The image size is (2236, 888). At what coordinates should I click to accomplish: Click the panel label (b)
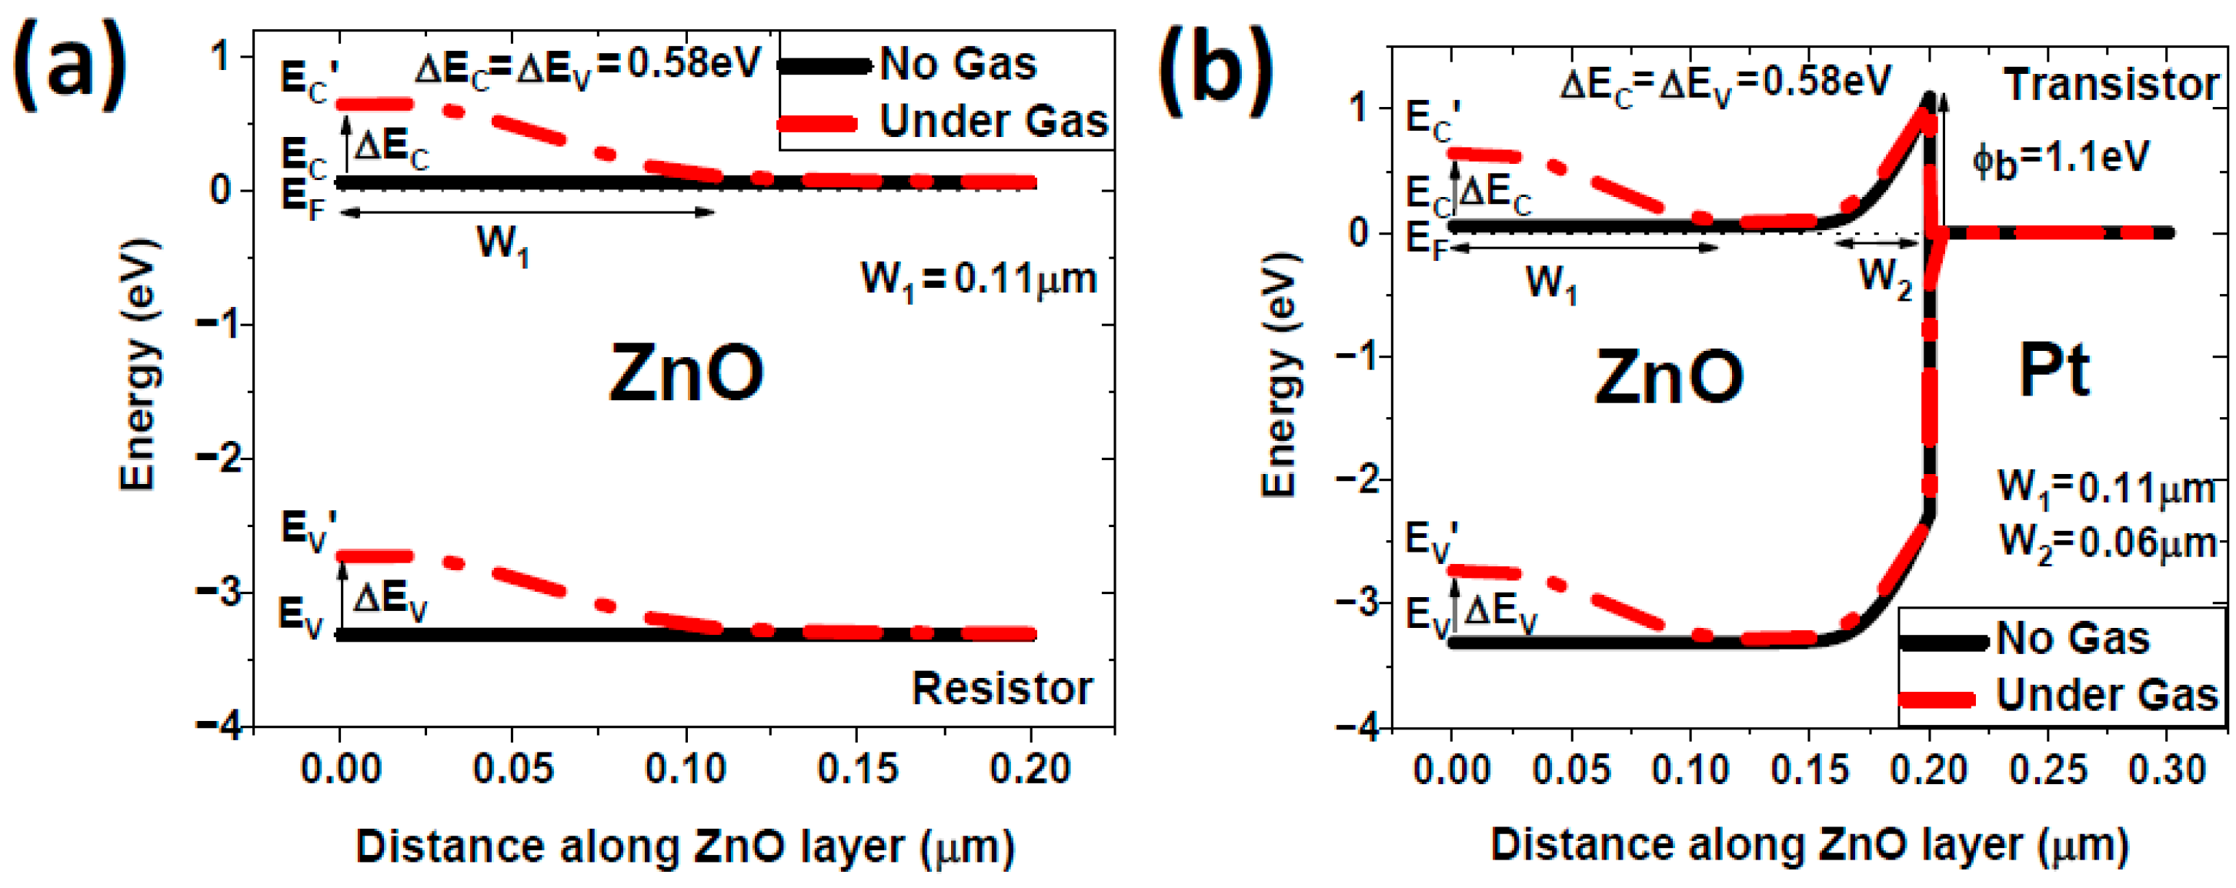(1215, 69)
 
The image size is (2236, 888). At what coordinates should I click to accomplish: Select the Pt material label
(2053, 371)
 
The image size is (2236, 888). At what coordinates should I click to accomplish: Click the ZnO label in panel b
(1668, 377)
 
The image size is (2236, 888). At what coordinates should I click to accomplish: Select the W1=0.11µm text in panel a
(978, 279)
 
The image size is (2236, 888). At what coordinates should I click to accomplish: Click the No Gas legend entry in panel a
(955, 64)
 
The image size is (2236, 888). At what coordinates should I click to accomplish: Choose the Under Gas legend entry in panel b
(2105, 694)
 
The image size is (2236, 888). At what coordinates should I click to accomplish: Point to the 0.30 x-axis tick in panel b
(2167, 769)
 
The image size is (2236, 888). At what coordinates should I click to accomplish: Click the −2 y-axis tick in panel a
(221, 459)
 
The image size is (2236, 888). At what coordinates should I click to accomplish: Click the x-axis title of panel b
(1809, 845)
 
